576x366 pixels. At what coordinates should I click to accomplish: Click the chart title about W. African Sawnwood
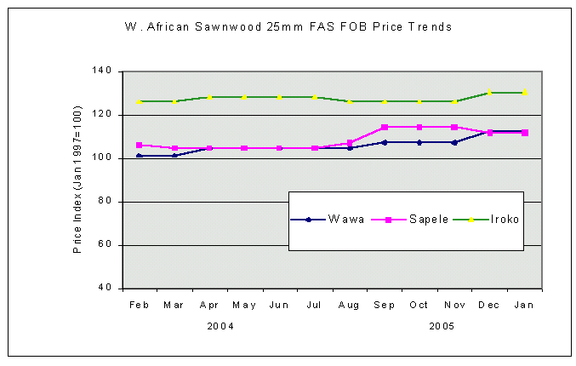pyautogui.click(x=288, y=27)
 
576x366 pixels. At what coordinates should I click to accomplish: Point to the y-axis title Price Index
pyautogui.click(x=77, y=180)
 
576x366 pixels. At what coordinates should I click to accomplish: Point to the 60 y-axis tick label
pyautogui.click(x=106, y=245)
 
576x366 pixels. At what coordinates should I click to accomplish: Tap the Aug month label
pyautogui.click(x=349, y=304)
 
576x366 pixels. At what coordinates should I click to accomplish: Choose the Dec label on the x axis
pyautogui.click(x=489, y=304)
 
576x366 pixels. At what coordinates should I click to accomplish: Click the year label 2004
pyautogui.click(x=221, y=326)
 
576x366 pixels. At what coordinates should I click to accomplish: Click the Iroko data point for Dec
pyautogui.click(x=489, y=92)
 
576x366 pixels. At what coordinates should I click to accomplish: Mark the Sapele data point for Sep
pyautogui.click(x=385, y=127)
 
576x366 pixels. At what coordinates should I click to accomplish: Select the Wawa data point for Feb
pyautogui.click(x=139, y=156)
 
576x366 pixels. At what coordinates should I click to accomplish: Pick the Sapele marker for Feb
pyautogui.click(x=139, y=145)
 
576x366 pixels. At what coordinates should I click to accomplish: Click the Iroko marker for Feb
pyautogui.click(x=139, y=101)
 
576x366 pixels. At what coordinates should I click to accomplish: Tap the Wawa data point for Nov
pyautogui.click(x=454, y=142)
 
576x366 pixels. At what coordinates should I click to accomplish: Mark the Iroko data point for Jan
pyautogui.click(x=524, y=92)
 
